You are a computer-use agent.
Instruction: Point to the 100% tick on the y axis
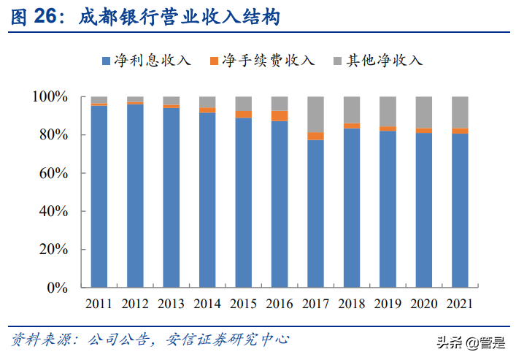(x=50, y=97)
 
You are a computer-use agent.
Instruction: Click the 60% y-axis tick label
(x=53, y=173)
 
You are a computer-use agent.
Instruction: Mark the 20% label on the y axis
(x=53, y=250)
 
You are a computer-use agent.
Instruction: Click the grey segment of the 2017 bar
(x=315, y=114)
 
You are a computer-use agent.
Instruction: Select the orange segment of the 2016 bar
(x=280, y=115)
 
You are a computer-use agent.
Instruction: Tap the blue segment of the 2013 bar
(x=172, y=197)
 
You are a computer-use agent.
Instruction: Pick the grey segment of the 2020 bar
(x=424, y=112)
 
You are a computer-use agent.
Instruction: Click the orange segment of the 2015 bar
(x=244, y=114)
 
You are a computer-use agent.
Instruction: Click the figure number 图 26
(x=32, y=17)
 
